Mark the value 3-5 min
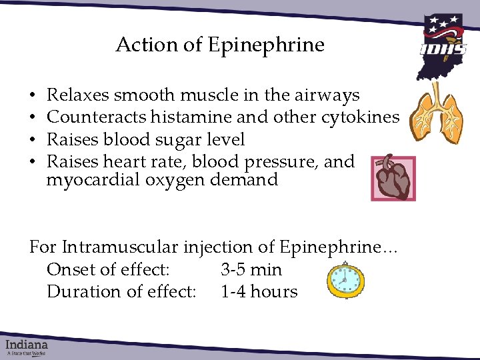coord(251,270)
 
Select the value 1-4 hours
coord(259,292)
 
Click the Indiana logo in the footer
coord(27,346)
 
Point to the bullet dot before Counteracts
coord(33,118)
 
